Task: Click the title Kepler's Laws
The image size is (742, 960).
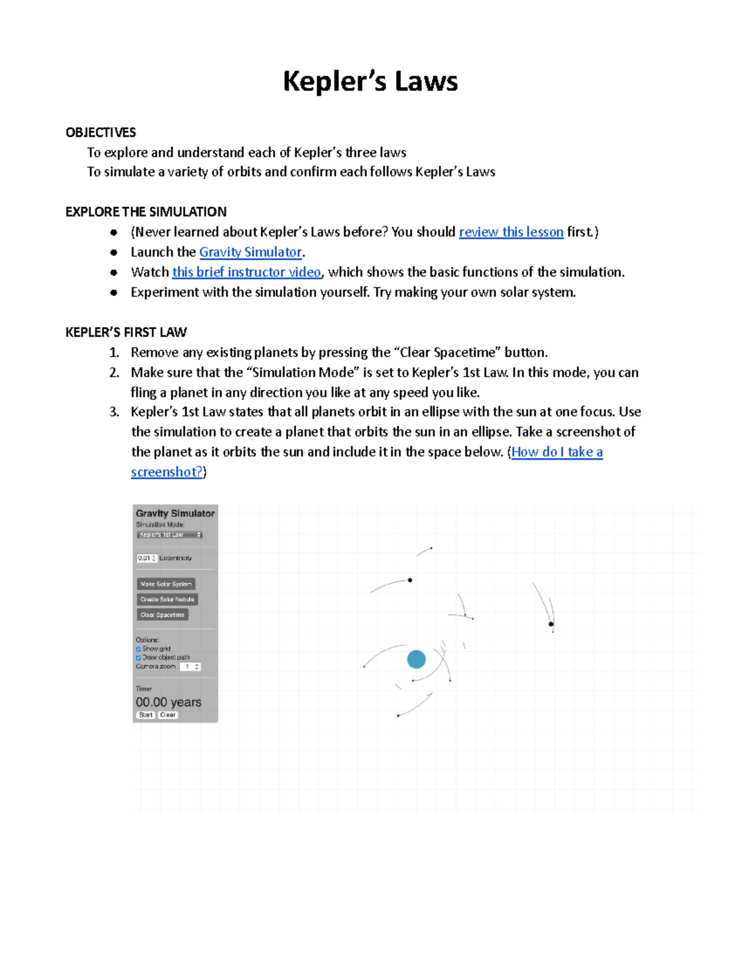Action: [x=370, y=82]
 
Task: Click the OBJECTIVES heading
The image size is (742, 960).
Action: [x=101, y=132]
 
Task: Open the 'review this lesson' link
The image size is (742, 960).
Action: [x=511, y=232]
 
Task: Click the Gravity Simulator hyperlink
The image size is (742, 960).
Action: [x=250, y=252]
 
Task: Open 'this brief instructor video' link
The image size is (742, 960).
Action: [x=246, y=272]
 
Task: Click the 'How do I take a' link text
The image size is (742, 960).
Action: [x=556, y=452]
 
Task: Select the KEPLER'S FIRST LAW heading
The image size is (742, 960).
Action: [x=126, y=333]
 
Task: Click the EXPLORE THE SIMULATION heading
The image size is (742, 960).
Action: [x=146, y=212]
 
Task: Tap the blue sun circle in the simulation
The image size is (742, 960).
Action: [x=416, y=659]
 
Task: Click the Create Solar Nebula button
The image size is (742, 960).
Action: [x=167, y=599]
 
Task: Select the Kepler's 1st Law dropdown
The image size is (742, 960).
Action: [x=169, y=535]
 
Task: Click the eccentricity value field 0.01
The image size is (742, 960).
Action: [x=146, y=558]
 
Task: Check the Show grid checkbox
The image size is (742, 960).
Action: [x=139, y=649]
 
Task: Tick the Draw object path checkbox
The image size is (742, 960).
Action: [x=139, y=658]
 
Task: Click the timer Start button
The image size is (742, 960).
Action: [x=145, y=715]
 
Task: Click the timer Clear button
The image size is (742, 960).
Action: [x=168, y=715]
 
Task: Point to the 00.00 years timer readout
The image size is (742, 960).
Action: [x=168, y=702]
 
